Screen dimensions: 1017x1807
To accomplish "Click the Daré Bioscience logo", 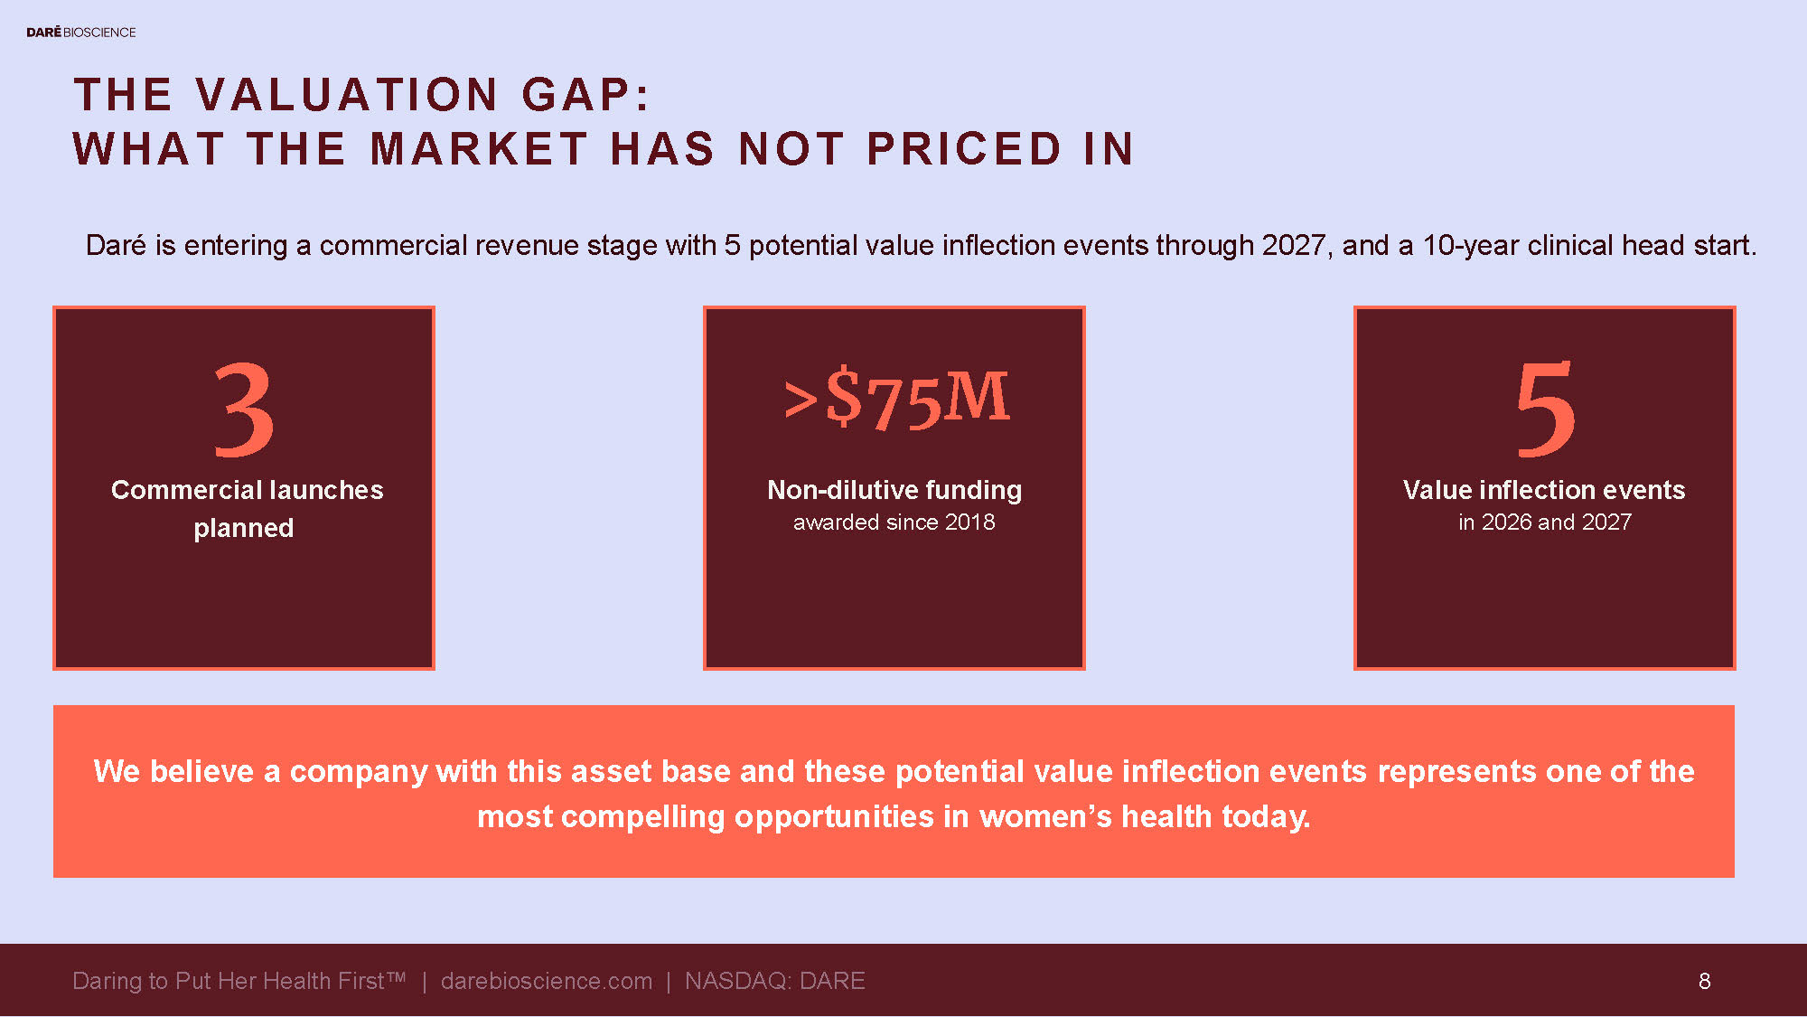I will (81, 33).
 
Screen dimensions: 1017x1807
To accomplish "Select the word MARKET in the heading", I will (479, 149).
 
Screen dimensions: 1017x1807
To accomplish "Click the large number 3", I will (244, 410).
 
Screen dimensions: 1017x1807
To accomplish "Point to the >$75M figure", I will (895, 398).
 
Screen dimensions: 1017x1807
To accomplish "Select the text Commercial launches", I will (247, 490).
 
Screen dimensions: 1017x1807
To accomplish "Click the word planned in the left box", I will (244, 528).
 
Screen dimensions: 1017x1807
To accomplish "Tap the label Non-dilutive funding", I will (894, 490).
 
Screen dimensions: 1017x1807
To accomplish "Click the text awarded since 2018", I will (894, 523).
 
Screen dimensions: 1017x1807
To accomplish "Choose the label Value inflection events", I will (1544, 490).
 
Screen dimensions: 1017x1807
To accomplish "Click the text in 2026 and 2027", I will (1545, 523).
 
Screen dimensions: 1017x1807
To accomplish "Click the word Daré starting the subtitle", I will (116, 246).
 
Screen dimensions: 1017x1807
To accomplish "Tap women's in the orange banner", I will (1045, 816).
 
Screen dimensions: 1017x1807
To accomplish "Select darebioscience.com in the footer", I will (547, 981).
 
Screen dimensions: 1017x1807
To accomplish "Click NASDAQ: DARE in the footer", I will (775, 981).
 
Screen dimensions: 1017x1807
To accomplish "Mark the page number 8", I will (1704, 981).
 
